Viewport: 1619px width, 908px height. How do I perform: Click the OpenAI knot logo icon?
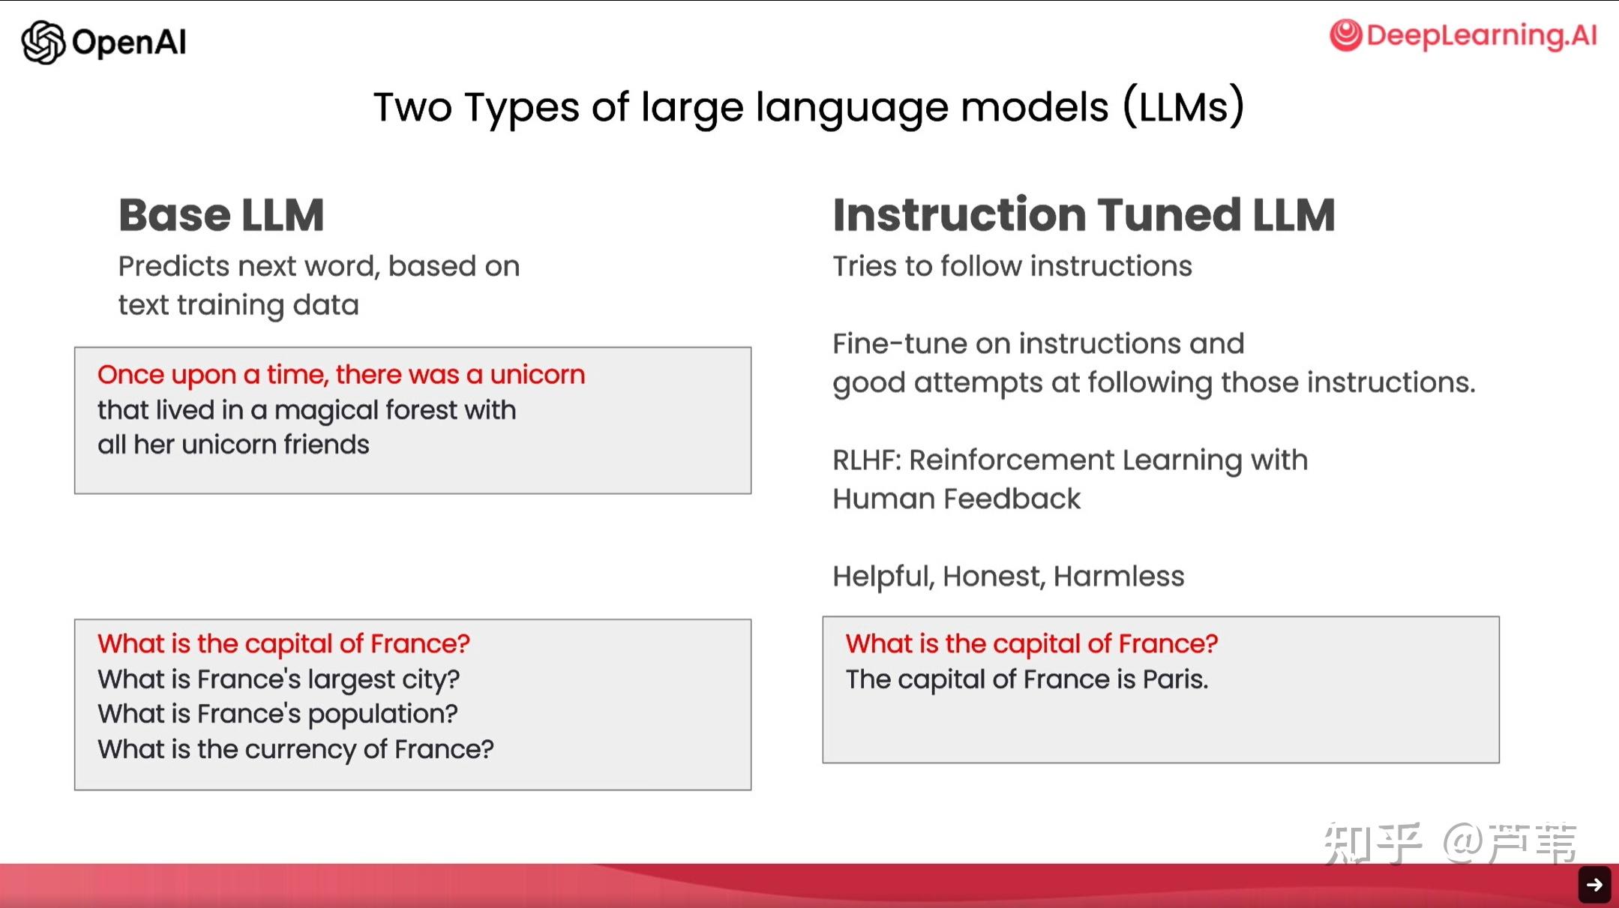[x=43, y=42]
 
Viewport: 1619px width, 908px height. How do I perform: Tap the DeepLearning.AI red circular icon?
[x=1345, y=35]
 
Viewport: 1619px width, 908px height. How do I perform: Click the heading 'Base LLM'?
[x=221, y=215]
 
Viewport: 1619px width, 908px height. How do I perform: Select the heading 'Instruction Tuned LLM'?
[x=1084, y=215]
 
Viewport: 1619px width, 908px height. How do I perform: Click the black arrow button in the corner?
[x=1594, y=885]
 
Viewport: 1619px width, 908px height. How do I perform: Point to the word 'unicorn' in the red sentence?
[x=537, y=374]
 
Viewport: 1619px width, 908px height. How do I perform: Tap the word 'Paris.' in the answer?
[x=1175, y=679]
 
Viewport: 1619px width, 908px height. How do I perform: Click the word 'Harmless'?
[x=1119, y=576]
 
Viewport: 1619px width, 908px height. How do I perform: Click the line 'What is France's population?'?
[x=277, y=715]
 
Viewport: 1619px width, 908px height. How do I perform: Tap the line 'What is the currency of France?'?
[x=295, y=749]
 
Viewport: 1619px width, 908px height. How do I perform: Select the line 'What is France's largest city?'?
[x=278, y=679]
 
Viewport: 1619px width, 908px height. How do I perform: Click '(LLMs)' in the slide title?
[x=1183, y=106]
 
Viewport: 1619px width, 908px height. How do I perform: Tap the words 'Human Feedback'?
[x=956, y=499]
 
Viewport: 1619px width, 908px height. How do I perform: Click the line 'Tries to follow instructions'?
[x=1012, y=266]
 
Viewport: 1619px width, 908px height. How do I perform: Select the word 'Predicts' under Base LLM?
[x=174, y=266]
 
